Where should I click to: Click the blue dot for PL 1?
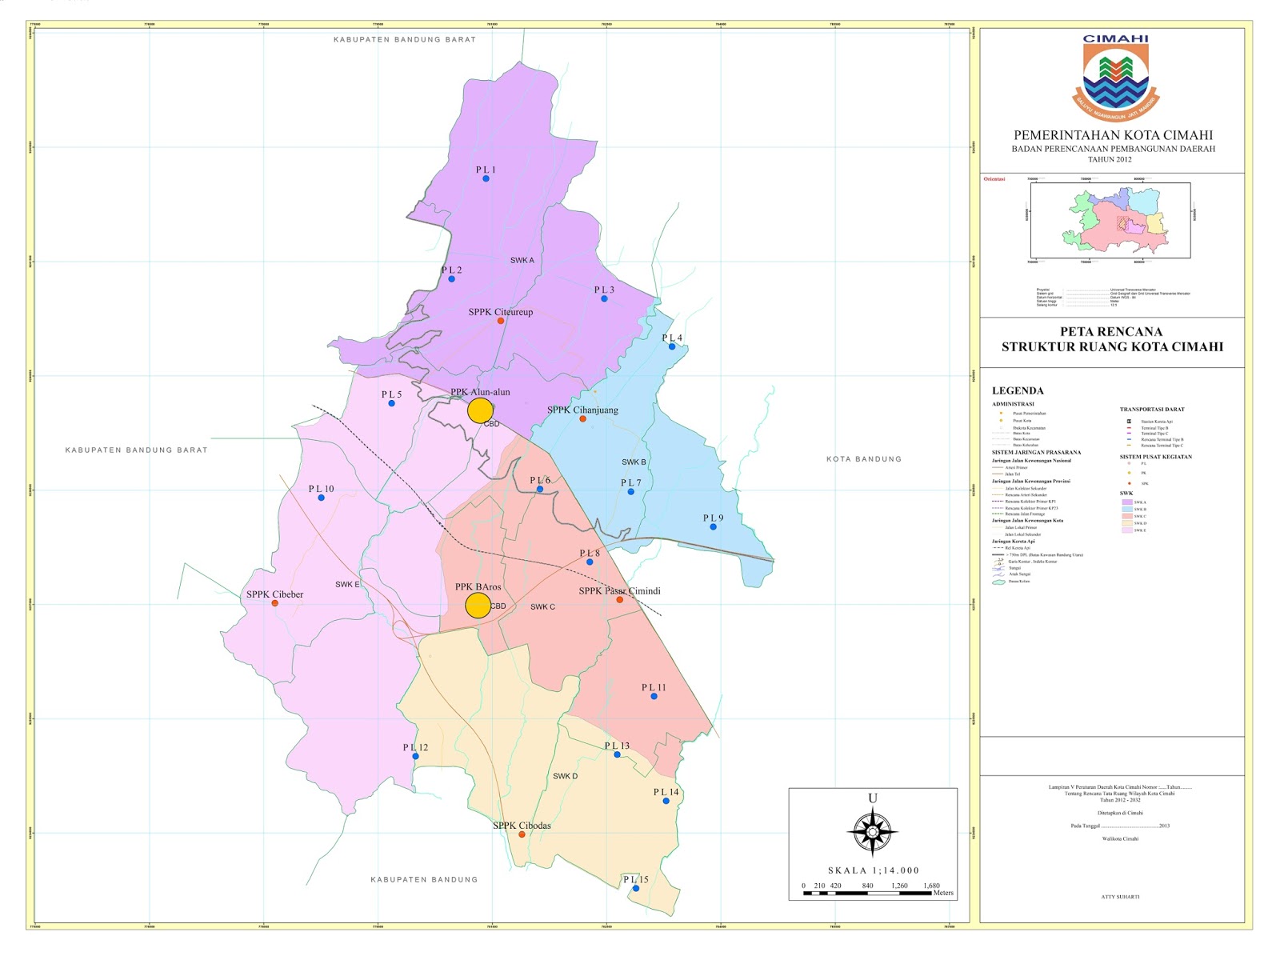[486, 178]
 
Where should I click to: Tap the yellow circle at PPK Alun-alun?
[480, 410]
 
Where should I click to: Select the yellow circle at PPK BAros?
[478, 606]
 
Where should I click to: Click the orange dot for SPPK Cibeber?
[275, 602]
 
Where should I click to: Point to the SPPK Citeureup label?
[500, 312]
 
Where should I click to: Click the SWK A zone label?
[522, 260]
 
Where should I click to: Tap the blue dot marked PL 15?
[636, 888]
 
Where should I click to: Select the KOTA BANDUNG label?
[863, 459]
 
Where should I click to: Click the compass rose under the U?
[872, 833]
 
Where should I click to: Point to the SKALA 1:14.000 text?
[873, 870]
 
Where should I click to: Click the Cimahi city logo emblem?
[1115, 77]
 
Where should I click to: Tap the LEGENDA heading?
[1018, 391]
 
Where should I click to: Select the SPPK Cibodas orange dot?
[522, 834]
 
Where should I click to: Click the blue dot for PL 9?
[713, 526]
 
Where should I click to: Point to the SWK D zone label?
[565, 776]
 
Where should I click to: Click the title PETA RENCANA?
[1111, 331]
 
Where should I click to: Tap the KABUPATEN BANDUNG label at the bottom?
[424, 879]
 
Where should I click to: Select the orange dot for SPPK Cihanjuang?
[582, 418]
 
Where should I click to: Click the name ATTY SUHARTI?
[1120, 897]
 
